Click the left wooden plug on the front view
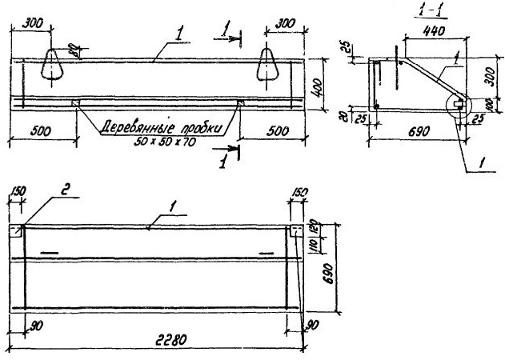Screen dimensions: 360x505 pos(75,102)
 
